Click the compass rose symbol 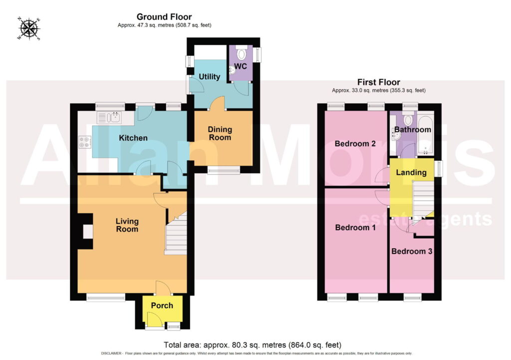pos(29,28)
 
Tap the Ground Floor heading pos(164,16)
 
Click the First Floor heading pos(378,82)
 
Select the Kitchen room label pos(133,138)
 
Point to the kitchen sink pos(109,117)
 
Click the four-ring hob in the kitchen pos(84,142)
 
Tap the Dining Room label pos(220,133)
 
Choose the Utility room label pos(209,76)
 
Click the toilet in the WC pos(241,53)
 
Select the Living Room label pos(127,225)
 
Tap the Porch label pos(162,306)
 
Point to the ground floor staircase pos(176,233)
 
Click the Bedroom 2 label pos(355,143)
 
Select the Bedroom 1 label pos(355,227)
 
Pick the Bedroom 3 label pos(412,251)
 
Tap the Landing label pos(411,172)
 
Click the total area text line pos(252,345)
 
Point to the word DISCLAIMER pos(111,354)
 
